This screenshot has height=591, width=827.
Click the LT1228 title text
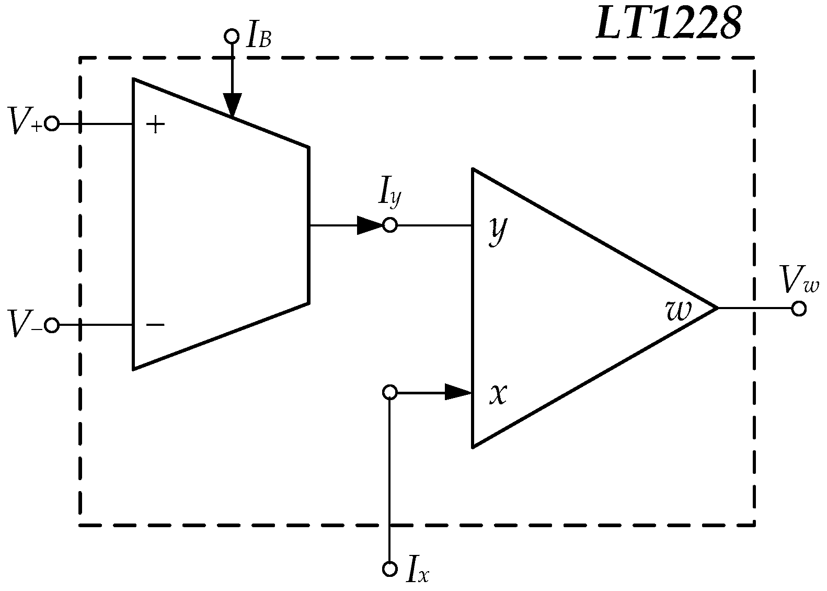tap(669, 24)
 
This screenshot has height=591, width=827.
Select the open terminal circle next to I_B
tap(231, 36)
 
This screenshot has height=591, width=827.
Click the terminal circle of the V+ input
tap(52, 124)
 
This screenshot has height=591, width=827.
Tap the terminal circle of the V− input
tap(52, 325)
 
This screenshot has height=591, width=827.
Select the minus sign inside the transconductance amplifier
tap(155, 325)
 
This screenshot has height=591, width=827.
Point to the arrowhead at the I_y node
tap(370, 225)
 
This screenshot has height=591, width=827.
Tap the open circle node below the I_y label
tap(390, 225)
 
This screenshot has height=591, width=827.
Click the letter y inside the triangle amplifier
tap(498, 230)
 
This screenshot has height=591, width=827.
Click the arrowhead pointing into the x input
tap(458, 392)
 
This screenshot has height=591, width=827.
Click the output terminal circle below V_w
tap(799, 309)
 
